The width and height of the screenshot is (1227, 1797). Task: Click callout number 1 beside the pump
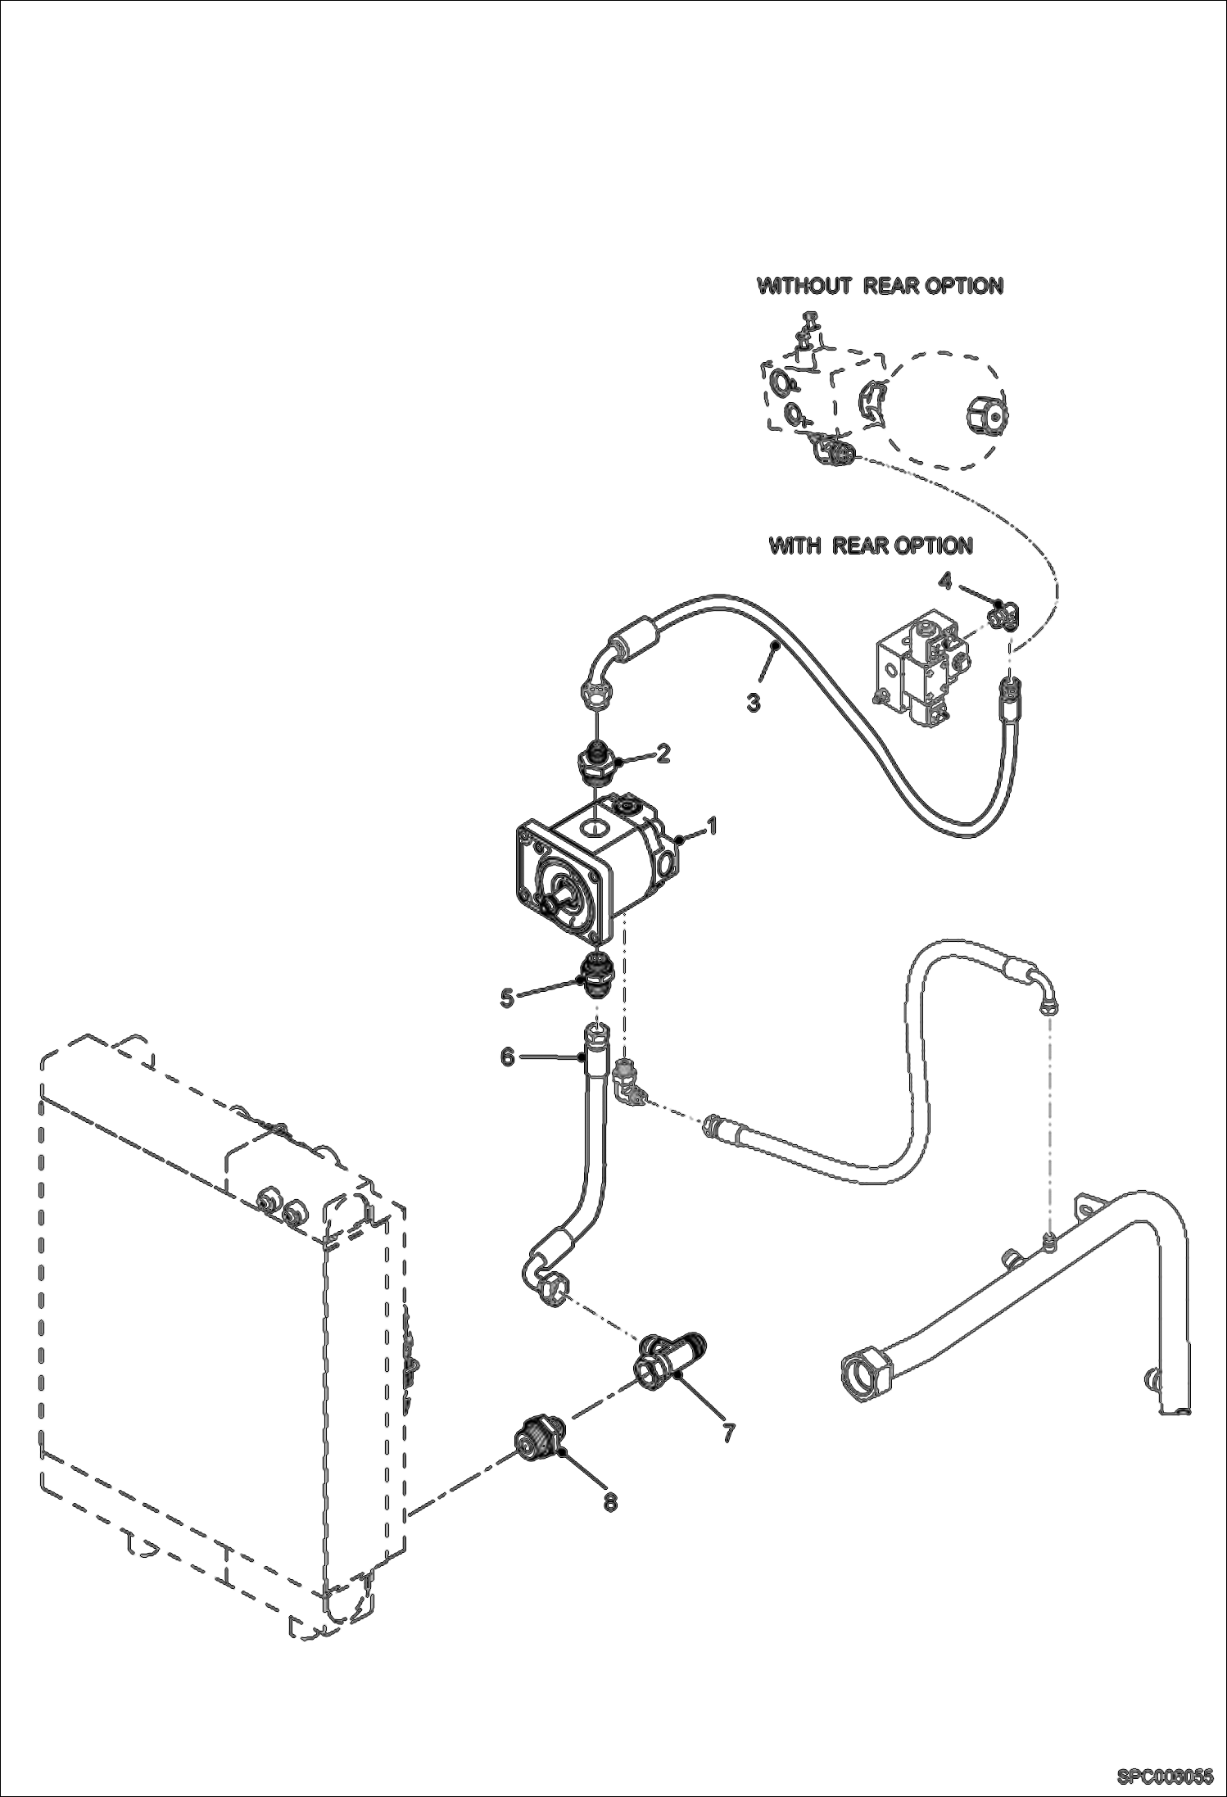coord(712,826)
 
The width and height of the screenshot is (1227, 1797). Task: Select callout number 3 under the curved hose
coord(754,702)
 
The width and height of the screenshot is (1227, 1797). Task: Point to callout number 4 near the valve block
coord(944,582)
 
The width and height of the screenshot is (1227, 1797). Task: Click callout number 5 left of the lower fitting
coord(507,997)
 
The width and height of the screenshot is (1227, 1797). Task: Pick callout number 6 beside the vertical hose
coord(507,1057)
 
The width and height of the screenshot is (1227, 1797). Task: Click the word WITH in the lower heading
coord(795,545)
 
